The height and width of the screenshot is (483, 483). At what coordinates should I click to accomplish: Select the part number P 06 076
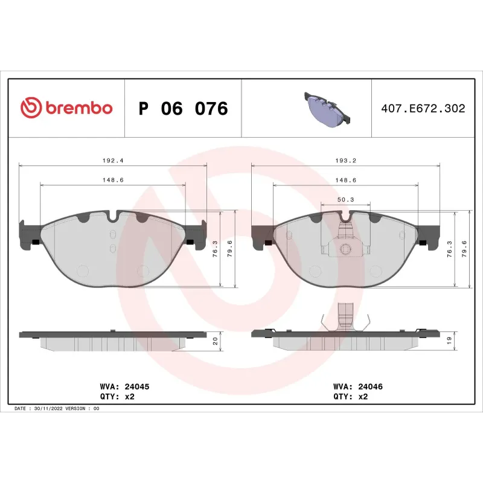coord(183,109)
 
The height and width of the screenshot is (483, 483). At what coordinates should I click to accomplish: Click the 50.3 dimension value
coord(345,199)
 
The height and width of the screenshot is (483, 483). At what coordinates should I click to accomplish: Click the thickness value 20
coord(215,341)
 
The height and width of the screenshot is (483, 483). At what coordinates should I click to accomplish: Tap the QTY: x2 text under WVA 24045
coord(117,397)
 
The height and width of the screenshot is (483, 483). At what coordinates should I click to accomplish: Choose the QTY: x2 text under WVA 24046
coord(350,397)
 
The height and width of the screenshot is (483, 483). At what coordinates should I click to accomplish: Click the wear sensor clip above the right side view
coord(346,317)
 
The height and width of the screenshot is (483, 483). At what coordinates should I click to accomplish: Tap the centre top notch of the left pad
coord(113,216)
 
